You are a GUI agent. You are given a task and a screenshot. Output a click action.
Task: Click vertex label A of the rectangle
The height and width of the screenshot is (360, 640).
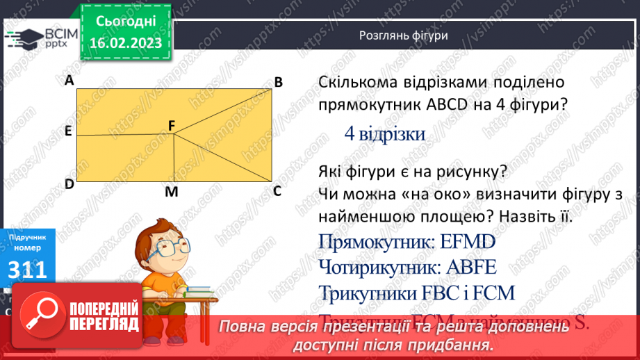click(69, 81)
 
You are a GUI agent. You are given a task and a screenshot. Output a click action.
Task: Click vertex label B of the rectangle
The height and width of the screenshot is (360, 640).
click(278, 83)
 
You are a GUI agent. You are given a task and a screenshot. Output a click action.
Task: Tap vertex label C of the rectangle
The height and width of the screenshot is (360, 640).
click(277, 190)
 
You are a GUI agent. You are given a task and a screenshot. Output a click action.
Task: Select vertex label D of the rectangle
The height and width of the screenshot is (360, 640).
click(69, 184)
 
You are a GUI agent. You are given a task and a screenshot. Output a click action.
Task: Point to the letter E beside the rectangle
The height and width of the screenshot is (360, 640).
click(69, 131)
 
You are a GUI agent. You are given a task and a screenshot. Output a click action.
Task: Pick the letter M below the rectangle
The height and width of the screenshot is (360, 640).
click(171, 193)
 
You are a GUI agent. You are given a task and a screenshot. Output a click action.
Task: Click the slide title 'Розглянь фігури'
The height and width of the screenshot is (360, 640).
click(403, 35)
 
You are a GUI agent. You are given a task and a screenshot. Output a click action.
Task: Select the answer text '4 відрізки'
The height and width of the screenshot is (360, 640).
click(385, 133)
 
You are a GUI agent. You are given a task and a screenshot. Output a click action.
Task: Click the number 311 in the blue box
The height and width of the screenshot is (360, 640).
click(27, 270)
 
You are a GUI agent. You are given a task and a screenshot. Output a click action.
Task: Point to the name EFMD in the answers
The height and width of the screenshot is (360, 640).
click(468, 241)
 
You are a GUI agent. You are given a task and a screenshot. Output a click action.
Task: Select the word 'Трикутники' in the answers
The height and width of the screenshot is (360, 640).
click(368, 293)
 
